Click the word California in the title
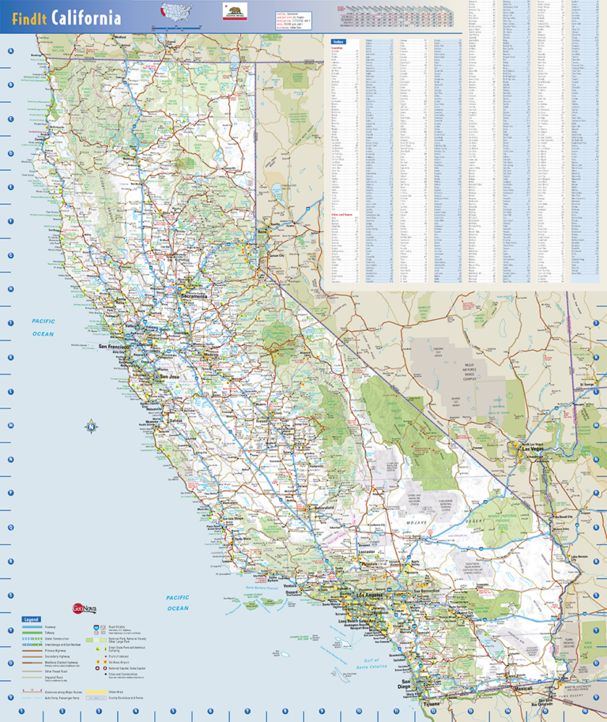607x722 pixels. (87, 18)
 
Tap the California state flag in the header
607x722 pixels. (235, 12)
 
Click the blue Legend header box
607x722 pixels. (32, 619)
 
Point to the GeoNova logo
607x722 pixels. (84, 608)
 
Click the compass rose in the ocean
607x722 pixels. (91, 427)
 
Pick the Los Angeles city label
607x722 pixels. (371, 595)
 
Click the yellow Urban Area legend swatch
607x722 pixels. (96, 691)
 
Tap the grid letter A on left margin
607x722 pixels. (10, 52)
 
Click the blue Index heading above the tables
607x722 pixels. (339, 39)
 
